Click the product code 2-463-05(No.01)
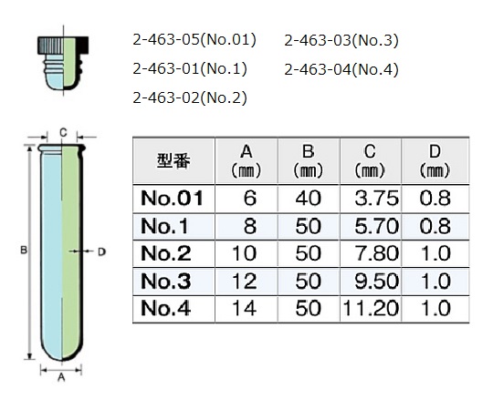(194, 40)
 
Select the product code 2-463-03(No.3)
(341, 40)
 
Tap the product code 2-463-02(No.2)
(190, 97)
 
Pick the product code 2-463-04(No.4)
(341, 69)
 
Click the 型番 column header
(173, 161)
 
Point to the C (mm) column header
(370, 161)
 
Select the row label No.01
(172, 199)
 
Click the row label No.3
(165, 281)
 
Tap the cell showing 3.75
(376, 199)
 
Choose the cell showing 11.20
(371, 308)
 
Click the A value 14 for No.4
(245, 308)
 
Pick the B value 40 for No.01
(309, 199)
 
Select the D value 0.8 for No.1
(435, 226)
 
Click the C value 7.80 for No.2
(377, 253)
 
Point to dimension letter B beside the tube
(23, 251)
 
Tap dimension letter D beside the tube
(101, 251)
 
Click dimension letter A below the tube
(61, 377)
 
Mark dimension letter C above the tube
(63, 133)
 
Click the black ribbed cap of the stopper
(63, 45)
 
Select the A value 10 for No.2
(245, 253)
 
